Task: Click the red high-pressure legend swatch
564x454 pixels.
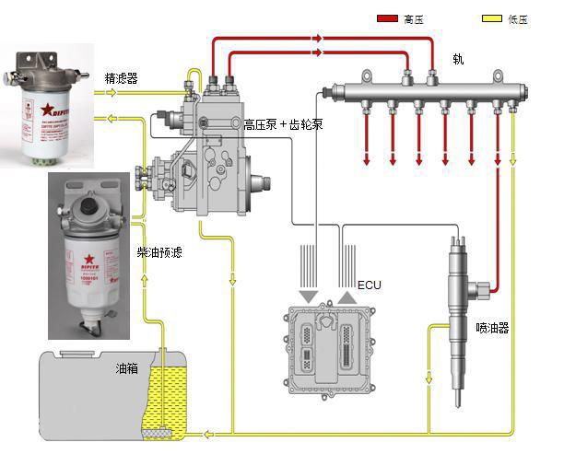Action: (x=387, y=17)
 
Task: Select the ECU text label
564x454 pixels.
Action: (x=369, y=285)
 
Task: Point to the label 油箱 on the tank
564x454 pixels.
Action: (x=127, y=368)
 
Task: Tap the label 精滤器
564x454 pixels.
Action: (x=122, y=79)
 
